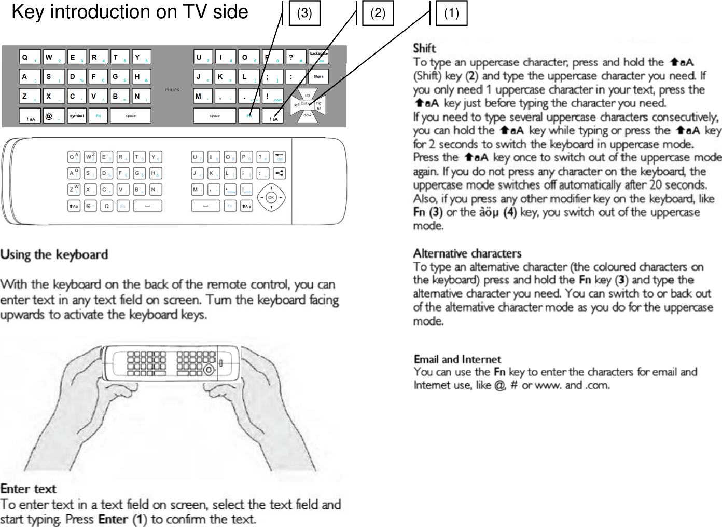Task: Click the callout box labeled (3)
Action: point(304,13)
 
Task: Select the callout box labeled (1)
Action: point(451,13)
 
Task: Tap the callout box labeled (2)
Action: point(378,13)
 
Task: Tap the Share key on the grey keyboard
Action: point(318,77)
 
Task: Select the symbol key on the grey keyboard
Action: point(77,115)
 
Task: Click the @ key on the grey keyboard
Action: point(53,115)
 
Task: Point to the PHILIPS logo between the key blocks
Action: point(172,90)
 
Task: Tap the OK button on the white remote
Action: point(271,197)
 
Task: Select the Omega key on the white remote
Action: point(106,206)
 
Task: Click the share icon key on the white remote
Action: point(280,173)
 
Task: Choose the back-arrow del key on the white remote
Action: point(280,156)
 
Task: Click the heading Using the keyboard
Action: point(54,254)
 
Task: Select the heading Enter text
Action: point(29,489)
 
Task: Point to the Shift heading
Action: point(424,48)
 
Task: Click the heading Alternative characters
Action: point(467,253)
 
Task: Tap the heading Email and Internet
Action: point(457,359)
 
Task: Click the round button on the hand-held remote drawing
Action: point(209,370)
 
